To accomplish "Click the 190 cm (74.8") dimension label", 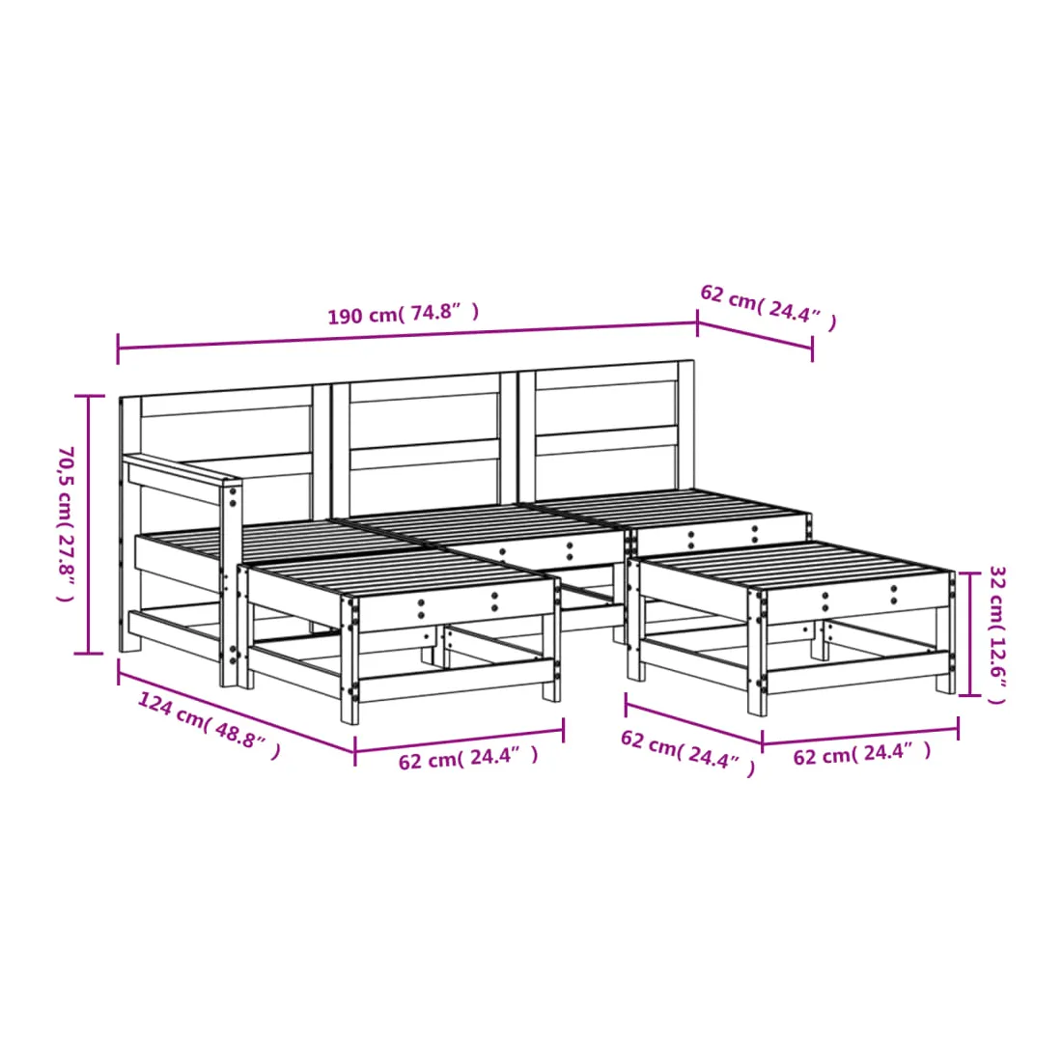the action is coord(404,314).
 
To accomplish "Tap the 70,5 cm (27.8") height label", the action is coord(66,523).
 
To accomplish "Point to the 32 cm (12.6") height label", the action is coord(997,634).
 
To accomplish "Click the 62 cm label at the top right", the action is coord(769,307).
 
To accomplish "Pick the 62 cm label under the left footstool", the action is coord(468,757).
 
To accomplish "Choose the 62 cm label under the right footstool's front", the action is coord(862,753).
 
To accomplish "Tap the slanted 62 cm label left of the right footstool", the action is coord(687,752).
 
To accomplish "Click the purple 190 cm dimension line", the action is coord(407,336).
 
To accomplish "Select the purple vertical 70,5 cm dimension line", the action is coord(88,525).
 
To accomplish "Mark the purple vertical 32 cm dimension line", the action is coord(970,634).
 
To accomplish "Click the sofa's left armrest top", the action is coord(182,469).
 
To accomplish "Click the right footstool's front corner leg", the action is coord(757,653).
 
